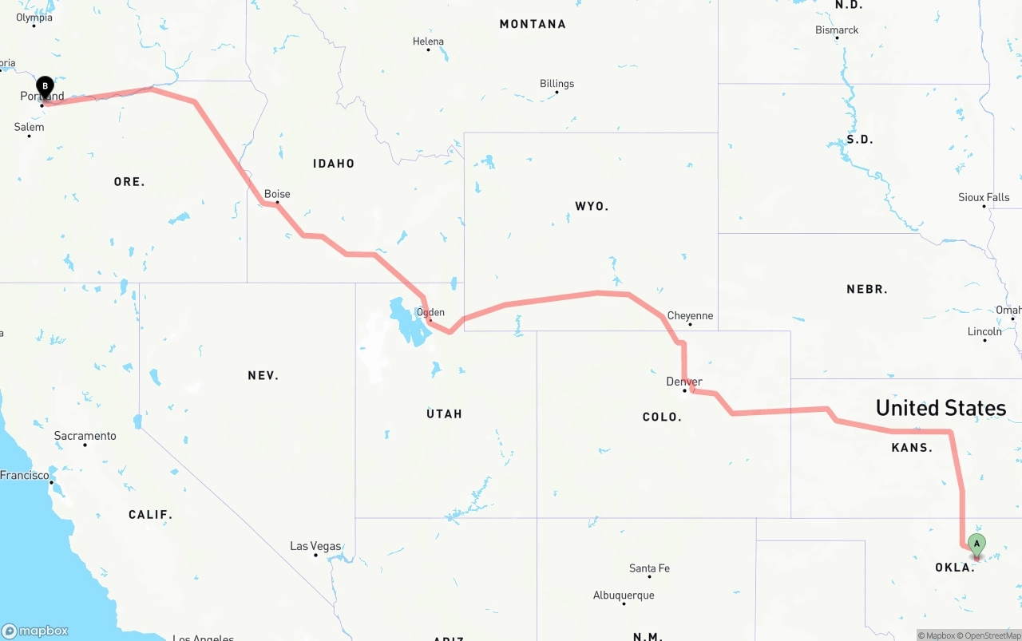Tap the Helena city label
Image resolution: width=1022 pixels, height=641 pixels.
pyautogui.click(x=428, y=42)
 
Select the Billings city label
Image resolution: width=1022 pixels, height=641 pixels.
pyautogui.click(x=557, y=84)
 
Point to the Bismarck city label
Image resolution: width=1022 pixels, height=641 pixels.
pyautogui.click(x=837, y=30)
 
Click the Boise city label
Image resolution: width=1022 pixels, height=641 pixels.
pyautogui.click(x=277, y=194)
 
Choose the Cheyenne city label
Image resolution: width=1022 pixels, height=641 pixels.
pyautogui.click(x=690, y=316)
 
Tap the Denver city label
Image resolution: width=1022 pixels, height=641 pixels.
pyautogui.click(x=684, y=382)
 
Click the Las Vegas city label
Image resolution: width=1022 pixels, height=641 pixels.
pyautogui.click(x=315, y=547)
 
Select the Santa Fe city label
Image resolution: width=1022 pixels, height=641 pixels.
pyautogui.click(x=649, y=568)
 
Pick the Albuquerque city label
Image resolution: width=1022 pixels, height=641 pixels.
pyautogui.click(x=624, y=595)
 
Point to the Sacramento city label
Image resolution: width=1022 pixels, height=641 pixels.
pyautogui.click(x=85, y=436)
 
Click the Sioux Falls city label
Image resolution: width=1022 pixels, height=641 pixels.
pyautogui.click(x=984, y=197)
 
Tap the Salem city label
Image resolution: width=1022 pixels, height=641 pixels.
pyautogui.click(x=30, y=127)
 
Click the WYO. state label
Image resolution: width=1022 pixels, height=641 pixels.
pyautogui.click(x=592, y=207)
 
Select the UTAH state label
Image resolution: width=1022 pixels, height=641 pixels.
pyautogui.click(x=444, y=413)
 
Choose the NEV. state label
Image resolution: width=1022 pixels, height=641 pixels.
pyautogui.click(x=263, y=375)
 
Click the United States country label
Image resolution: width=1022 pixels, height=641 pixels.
pyautogui.click(x=941, y=408)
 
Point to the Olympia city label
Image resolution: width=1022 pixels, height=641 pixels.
pyautogui.click(x=34, y=18)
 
